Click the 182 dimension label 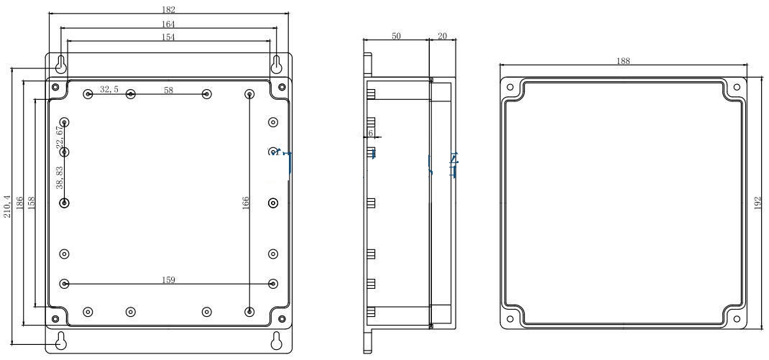pyautogui.click(x=169, y=10)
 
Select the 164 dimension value pyautogui.click(x=169, y=24)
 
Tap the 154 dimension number pyautogui.click(x=169, y=37)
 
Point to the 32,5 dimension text pyautogui.click(x=109, y=89)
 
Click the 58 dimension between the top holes pyautogui.click(x=169, y=90)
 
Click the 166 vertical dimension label pyautogui.click(x=245, y=203)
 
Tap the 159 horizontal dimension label pyautogui.click(x=169, y=280)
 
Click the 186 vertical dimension pyautogui.click(x=20, y=203)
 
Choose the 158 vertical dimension pyautogui.click(x=31, y=203)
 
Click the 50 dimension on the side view pyautogui.click(x=397, y=36)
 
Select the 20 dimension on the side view pyautogui.click(x=441, y=36)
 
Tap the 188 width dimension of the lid pyautogui.click(x=623, y=61)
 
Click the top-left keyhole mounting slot pyautogui.click(x=62, y=64)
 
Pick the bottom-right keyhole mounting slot pyautogui.click(x=276, y=341)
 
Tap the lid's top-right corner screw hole pyautogui.click(x=736, y=88)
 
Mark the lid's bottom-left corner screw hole pyautogui.click(x=510, y=319)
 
